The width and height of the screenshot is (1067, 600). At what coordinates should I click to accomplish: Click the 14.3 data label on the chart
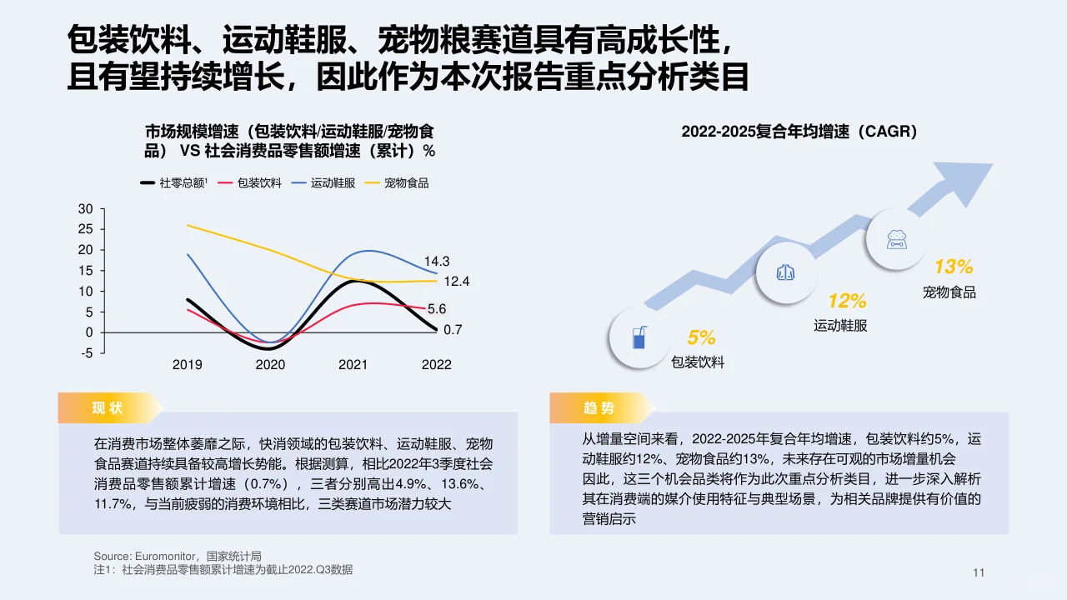(437, 262)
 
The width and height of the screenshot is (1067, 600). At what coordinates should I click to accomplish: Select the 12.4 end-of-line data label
(456, 282)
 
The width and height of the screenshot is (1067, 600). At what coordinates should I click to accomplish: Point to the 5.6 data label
(437, 309)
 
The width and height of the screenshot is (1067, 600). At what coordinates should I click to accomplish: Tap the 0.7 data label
(453, 330)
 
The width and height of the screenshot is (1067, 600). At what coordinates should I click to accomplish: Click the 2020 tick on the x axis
(270, 365)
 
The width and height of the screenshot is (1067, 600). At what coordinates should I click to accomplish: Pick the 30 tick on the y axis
(86, 208)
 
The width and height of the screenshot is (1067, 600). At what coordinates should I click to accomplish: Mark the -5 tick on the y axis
(88, 353)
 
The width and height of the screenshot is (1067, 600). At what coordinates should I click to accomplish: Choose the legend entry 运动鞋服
(333, 182)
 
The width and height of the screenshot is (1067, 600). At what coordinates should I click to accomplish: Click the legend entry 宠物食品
(406, 182)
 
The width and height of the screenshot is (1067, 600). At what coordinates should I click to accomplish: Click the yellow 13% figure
(953, 267)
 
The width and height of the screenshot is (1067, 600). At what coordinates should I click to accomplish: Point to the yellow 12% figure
(846, 301)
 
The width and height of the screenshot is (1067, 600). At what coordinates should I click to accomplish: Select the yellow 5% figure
(701, 337)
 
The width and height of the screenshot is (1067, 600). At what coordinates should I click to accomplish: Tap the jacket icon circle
(785, 272)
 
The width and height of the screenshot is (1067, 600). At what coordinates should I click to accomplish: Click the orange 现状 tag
(108, 407)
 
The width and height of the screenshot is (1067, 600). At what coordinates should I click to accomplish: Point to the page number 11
(979, 572)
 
